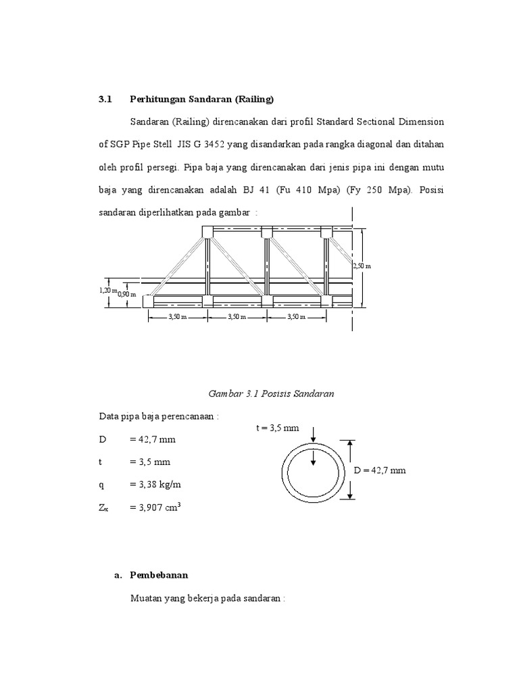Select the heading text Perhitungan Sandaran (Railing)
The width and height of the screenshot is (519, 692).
point(201,99)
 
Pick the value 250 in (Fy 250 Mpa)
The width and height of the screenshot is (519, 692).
point(398,189)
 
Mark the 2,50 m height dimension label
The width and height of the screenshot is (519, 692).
point(362,266)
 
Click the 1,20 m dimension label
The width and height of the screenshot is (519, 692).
point(108,290)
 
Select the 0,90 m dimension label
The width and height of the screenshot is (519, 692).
point(127,294)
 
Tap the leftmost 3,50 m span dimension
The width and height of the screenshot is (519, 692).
point(177,316)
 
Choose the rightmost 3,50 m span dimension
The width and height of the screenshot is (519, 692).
point(297,316)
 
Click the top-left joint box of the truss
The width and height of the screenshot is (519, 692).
point(207,232)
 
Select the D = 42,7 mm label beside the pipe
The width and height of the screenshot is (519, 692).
point(380,470)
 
